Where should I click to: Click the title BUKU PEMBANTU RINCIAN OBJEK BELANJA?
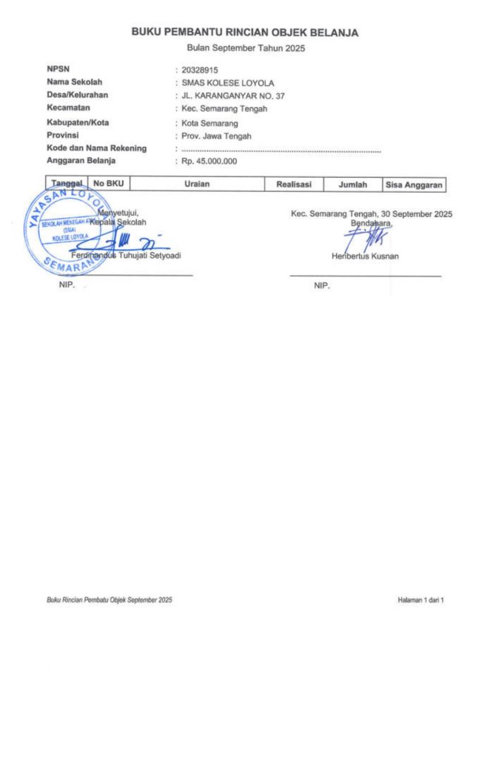pos(245,33)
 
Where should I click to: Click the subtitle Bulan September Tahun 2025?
pos(245,48)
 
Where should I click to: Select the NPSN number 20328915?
pos(200,70)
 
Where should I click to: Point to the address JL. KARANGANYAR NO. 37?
pos(232,96)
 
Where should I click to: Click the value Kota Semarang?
pos(210,123)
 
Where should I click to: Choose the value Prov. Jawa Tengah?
pos(216,136)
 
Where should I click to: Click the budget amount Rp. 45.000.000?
pos(209,162)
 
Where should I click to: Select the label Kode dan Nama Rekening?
pos(96,148)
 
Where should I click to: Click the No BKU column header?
pos(108,184)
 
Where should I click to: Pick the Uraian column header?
pos(198,184)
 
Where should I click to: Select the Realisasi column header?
pos(294,184)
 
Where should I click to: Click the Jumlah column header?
pos(353,184)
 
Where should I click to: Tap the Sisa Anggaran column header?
pos(414,184)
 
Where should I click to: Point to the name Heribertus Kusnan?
pos(366,256)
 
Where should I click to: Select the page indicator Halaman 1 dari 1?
pos(420,600)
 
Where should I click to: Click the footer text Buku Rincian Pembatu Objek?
pos(109,600)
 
